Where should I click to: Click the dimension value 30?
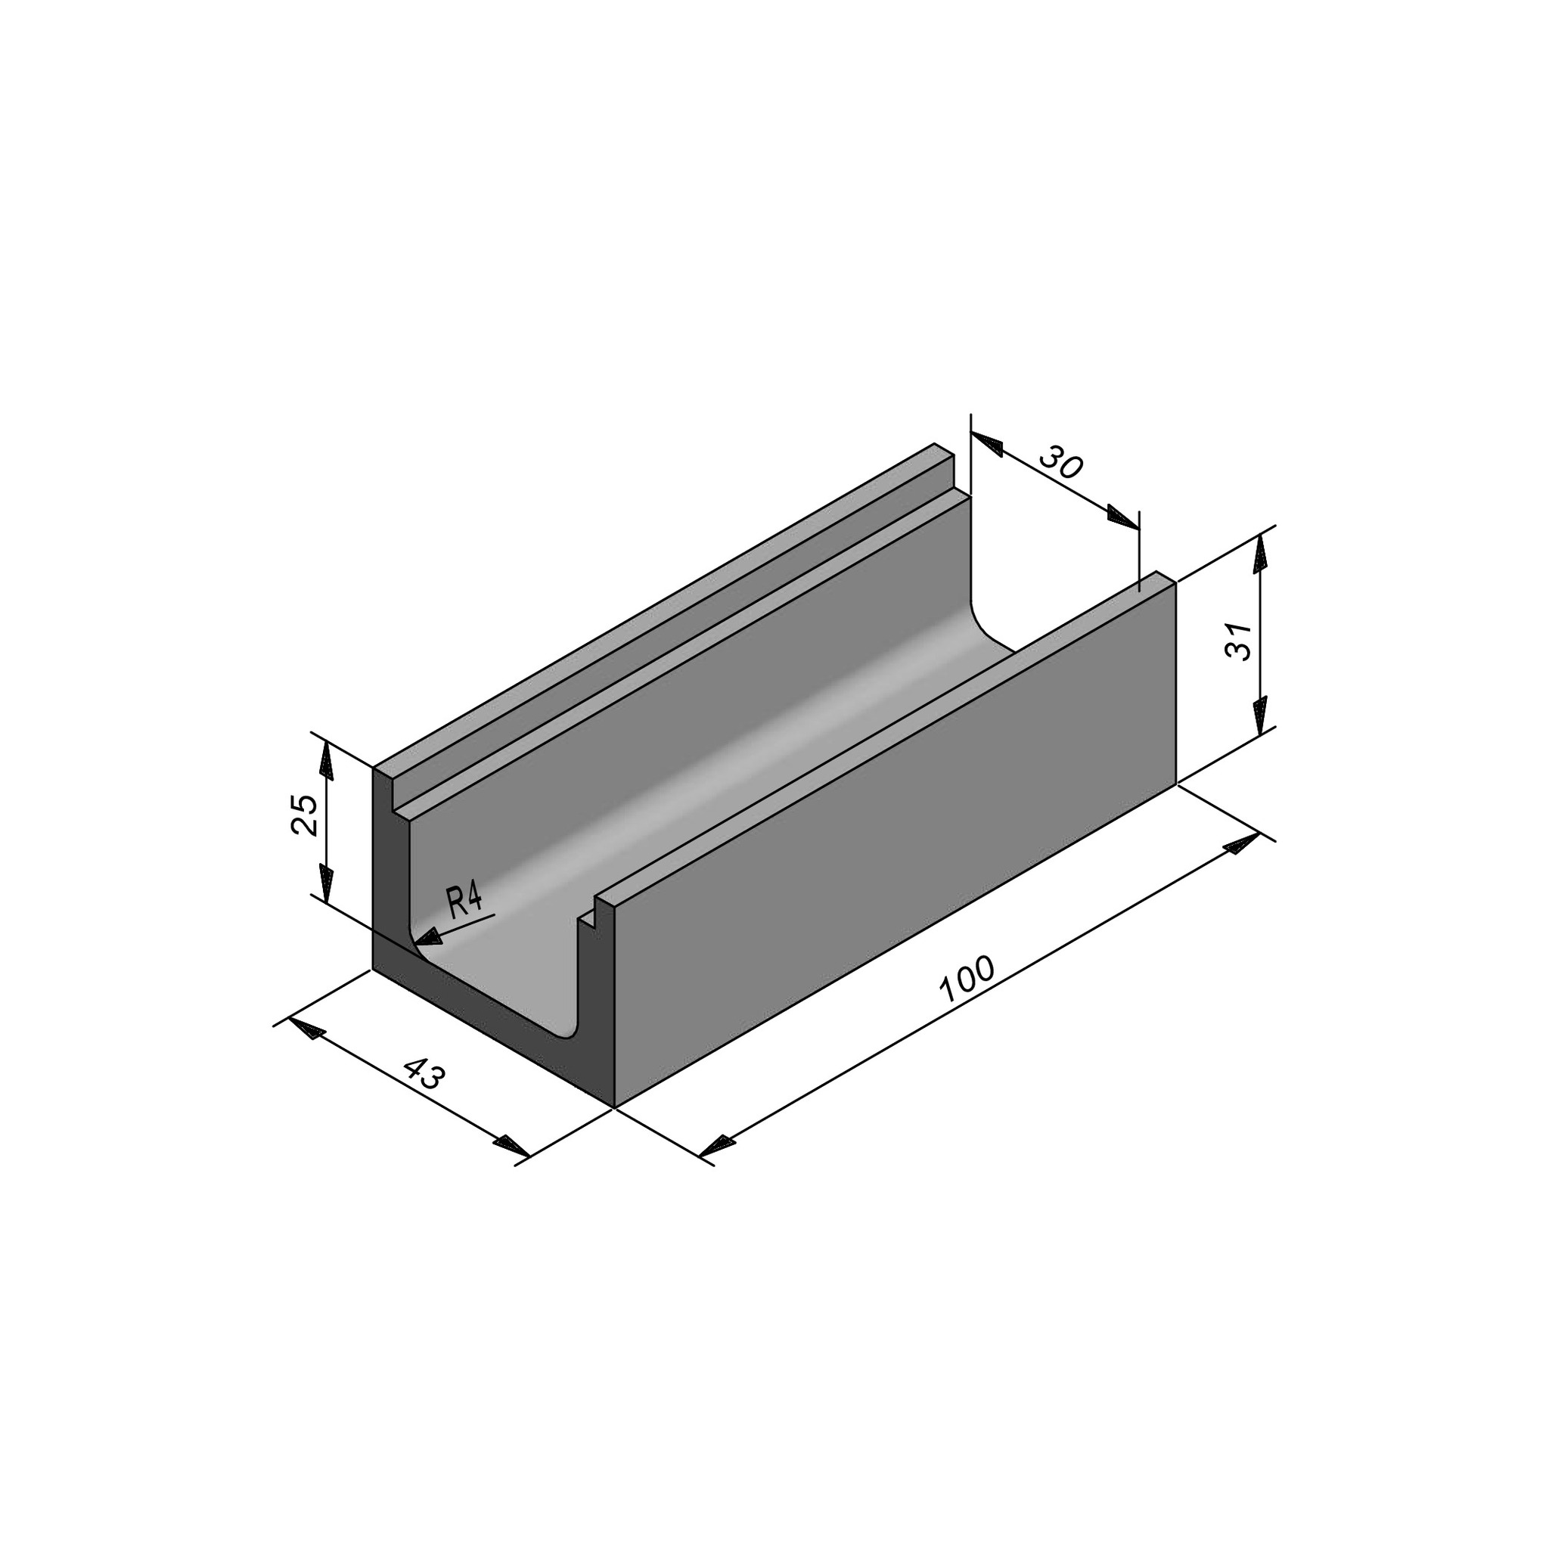[x=1060, y=464]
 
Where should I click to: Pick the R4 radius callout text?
[x=464, y=902]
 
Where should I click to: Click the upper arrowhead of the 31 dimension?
[x=1260, y=552]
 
